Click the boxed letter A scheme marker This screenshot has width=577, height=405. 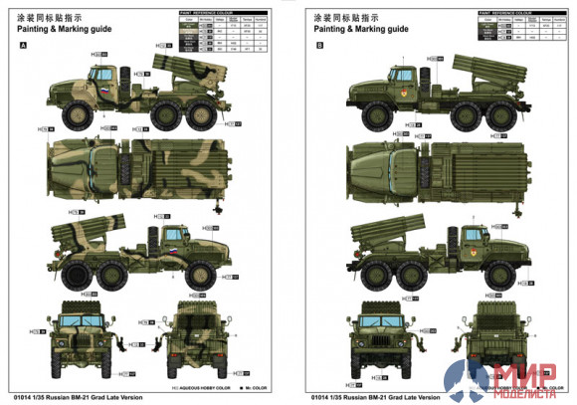click(23, 45)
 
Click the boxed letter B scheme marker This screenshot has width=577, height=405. click(320, 45)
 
